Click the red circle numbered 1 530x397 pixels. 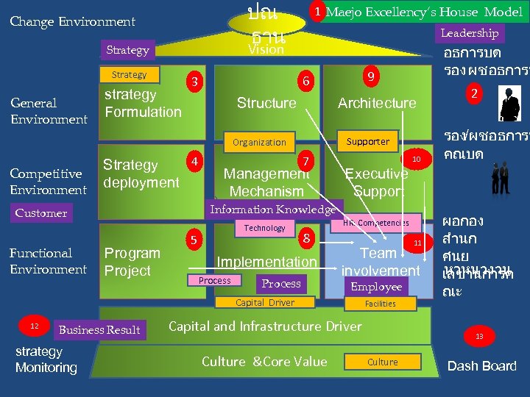(316, 12)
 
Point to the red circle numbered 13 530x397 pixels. (479, 337)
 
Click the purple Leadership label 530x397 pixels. (469, 33)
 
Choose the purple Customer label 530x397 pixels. (41, 213)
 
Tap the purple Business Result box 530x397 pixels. (99, 330)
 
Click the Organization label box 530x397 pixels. (259, 142)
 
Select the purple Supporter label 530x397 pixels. (367, 141)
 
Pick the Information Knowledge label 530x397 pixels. (272, 210)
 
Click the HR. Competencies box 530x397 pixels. (375, 223)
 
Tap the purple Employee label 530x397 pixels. (376, 287)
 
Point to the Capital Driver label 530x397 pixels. (264, 303)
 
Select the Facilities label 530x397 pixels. (381, 303)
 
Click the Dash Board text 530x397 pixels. (482, 366)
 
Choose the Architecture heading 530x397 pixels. (376, 103)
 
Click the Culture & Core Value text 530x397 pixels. (264, 361)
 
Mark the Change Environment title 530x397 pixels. (72, 22)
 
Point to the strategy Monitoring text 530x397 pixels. (46, 360)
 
